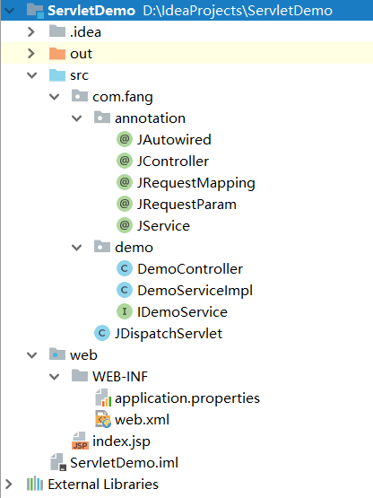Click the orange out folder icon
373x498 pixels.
(57, 54)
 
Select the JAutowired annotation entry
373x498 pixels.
(174, 140)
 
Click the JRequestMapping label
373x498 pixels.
(195, 183)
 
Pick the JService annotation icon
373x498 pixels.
(125, 225)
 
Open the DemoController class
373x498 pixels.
(190, 269)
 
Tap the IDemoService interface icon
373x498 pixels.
(125, 311)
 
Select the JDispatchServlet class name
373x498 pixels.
(169, 334)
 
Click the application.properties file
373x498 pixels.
(187, 398)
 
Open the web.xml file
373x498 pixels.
(142, 420)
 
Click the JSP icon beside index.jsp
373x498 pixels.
(80, 441)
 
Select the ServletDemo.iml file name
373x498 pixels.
(124, 463)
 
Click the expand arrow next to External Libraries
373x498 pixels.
(9, 485)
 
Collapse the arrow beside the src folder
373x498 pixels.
(31, 75)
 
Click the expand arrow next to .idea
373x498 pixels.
(31, 31)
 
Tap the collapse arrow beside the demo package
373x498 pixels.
(77, 248)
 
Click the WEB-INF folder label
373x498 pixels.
(120, 377)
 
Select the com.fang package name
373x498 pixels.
(123, 97)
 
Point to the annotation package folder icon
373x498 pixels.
(102, 118)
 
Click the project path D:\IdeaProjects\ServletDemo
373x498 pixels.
(238, 11)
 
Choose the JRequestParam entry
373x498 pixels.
(186, 205)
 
